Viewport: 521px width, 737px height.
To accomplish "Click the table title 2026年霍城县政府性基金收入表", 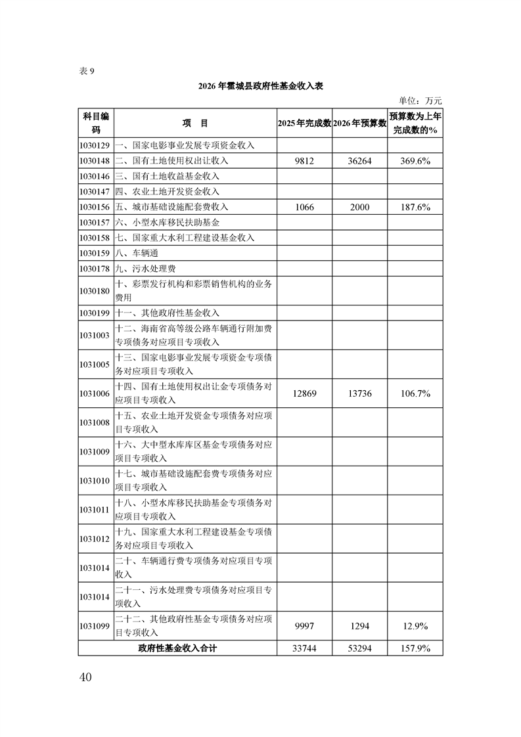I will (260, 86).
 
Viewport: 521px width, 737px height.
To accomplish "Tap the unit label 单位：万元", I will (420, 101).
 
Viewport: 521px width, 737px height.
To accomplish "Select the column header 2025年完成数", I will (304, 123).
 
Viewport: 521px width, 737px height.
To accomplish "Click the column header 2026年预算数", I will (359, 123).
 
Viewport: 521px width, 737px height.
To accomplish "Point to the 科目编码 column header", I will (96, 123).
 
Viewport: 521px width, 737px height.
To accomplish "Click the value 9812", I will (304, 160).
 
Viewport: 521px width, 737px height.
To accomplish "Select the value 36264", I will (359, 160).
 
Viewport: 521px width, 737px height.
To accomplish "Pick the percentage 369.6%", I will (415, 160).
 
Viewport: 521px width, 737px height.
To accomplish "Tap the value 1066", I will (304, 208).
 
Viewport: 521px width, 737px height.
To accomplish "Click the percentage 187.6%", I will (415, 208).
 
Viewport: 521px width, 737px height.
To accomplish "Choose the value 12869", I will (304, 393).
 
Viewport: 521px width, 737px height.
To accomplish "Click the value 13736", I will (359, 393).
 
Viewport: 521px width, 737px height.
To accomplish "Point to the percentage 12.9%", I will (415, 626).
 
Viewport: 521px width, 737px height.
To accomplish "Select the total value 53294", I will (359, 648).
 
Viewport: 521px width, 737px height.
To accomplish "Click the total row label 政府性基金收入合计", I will (177, 648).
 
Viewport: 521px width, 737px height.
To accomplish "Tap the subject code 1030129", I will (96, 145).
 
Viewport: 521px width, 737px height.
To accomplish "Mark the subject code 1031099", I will (96, 626).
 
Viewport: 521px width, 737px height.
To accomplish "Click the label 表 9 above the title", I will (87, 72).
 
